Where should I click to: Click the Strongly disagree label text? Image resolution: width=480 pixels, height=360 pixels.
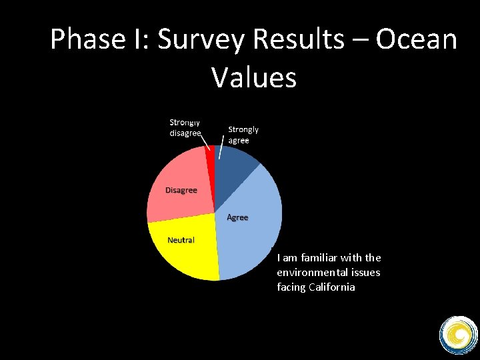click(x=185, y=128)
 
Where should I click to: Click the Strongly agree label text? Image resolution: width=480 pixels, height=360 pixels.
click(x=243, y=135)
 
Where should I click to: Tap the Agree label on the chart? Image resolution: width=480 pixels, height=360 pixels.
click(x=237, y=217)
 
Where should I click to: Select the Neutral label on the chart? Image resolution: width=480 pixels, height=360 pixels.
click(x=181, y=240)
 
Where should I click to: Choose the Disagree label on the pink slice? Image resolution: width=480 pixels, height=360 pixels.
click(x=181, y=190)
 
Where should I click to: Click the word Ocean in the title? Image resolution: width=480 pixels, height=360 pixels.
click(x=416, y=40)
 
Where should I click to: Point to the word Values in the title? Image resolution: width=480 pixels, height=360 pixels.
click(x=254, y=77)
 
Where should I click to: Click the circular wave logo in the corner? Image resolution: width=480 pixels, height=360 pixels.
click(x=458, y=334)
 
